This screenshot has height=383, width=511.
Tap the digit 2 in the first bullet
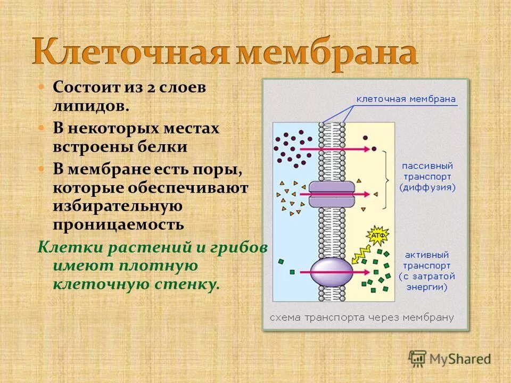151,87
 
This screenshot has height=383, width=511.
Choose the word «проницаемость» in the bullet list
118,224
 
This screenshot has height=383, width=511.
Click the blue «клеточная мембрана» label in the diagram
406,99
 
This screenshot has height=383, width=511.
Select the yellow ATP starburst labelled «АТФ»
377,235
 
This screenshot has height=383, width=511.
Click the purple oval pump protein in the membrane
331,271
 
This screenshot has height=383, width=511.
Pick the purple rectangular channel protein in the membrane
331,194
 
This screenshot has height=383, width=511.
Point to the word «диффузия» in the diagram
427,188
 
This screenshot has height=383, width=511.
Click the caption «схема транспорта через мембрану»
361,318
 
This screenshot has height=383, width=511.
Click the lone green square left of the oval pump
281,261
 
